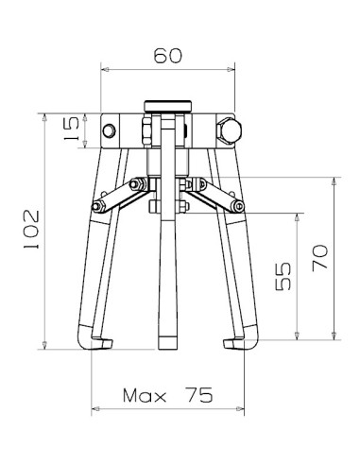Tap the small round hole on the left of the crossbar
[109, 129]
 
